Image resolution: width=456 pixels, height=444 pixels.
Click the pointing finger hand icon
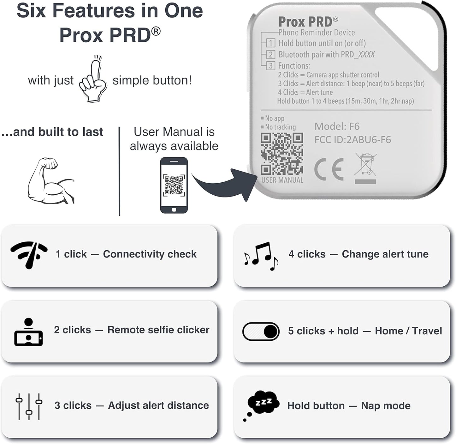point(93,80)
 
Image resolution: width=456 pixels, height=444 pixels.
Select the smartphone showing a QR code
point(174,185)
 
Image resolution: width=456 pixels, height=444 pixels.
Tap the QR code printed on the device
point(282,154)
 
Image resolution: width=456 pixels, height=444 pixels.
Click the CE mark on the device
point(329,169)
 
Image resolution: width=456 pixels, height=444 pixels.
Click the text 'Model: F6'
point(337,126)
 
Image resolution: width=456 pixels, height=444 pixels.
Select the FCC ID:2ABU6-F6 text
point(352,140)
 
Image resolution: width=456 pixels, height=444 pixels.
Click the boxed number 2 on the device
point(270,54)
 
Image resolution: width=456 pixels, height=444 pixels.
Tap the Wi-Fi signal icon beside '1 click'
point(29,255)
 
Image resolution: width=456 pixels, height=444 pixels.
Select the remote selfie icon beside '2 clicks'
point(28,332)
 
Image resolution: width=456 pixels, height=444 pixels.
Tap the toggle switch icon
point(261,331)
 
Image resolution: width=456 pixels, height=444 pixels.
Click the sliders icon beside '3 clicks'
point(29,406)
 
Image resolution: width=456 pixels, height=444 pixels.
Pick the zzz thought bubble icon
point(262,405)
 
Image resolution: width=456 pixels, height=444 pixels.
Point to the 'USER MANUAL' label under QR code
point(282,180)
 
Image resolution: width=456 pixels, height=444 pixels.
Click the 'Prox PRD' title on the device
point(305,22)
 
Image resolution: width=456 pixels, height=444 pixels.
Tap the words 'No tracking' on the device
point(280,127)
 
